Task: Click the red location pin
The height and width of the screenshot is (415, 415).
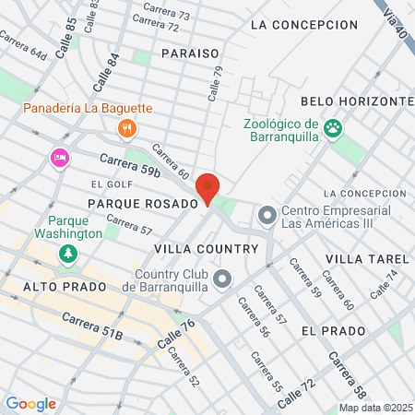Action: [x=208, y=187]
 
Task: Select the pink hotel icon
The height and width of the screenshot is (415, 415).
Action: [x=60, y=158]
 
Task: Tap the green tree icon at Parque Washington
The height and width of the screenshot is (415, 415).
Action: [x=65, y=254]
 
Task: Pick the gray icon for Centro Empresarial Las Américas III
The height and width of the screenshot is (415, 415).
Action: [x=267, y=216]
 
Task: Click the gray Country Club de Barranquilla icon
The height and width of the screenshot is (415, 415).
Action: [x=221, y=278]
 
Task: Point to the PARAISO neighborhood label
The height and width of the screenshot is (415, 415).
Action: [x=190, y=54]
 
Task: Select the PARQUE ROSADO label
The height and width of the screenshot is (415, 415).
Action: [x=143, y=203]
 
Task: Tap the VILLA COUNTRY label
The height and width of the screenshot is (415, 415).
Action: [x=206, y=249]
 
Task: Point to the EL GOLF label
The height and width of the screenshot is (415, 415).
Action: [x=106, y=184]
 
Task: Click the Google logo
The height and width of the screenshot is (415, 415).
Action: [x=30, y=404]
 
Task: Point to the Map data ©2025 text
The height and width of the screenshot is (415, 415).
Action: [x=373, y=408]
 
